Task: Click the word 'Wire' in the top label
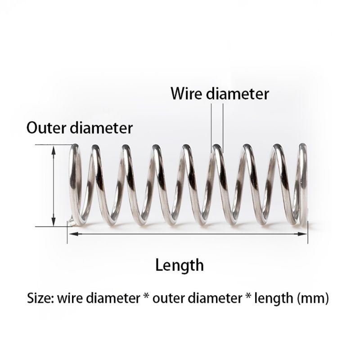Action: (x=186, y=94)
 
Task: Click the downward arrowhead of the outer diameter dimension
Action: (x=54, y=222)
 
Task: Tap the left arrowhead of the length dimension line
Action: (x=71, y=234)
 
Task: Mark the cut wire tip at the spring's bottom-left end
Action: (x=70, y=221)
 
